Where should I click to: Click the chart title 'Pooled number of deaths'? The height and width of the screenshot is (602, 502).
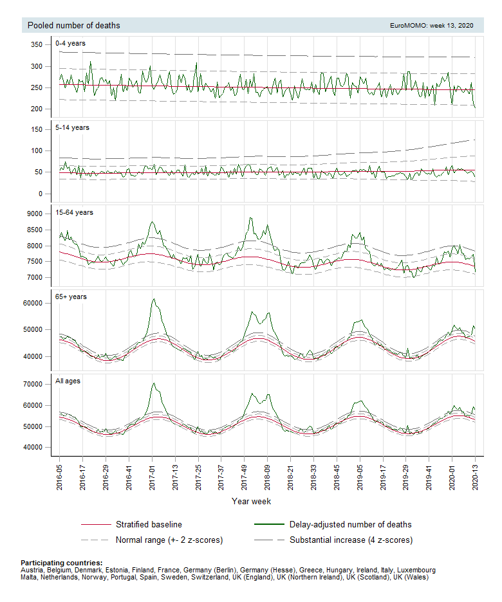[73, 26]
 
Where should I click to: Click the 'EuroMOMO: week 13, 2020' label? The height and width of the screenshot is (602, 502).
[431, 26]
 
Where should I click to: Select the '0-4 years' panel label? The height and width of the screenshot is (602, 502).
[70, 43]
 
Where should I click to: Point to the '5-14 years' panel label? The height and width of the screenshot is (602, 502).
[72, 127]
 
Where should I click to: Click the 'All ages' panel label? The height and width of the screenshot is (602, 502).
[69, 381]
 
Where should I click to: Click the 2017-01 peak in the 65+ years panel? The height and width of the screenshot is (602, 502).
[153, 299]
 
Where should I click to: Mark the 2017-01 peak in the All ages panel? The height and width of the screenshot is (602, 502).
[153, 383]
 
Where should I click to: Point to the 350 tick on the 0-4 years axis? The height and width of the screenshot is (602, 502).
[37, 45]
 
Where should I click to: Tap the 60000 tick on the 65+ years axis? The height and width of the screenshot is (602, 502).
[33, 303]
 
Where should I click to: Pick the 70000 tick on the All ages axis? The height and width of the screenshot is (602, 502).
[33, 385]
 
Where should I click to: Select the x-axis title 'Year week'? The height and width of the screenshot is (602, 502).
[252, 500]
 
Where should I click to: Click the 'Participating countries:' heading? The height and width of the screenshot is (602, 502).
[61, 563]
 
